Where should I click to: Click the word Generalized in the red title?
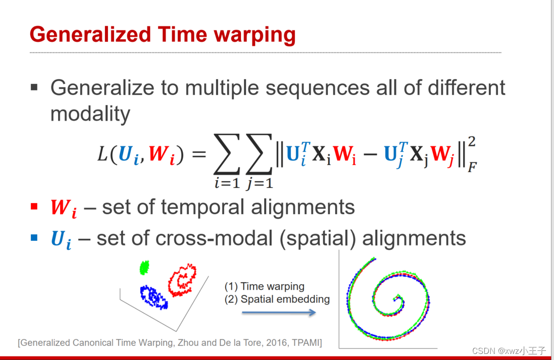[x=90, y=35]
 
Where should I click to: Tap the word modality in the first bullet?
[x=90, y=114]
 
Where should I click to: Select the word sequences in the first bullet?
[x=317, y=88]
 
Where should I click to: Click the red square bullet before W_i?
[x=34, y=206]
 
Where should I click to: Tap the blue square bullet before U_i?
[x=34, y=237]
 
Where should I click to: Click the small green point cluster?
[x=145, y=267]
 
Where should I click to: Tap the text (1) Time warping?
[x=264, y=286]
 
